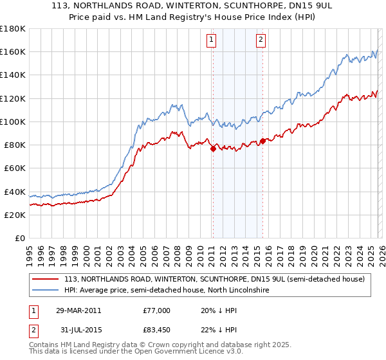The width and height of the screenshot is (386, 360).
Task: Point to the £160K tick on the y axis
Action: [x=14, y=51]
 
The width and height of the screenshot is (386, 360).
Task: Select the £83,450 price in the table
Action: [x=157, y=330]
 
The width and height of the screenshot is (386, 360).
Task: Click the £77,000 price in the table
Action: [x=157, y=310]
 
